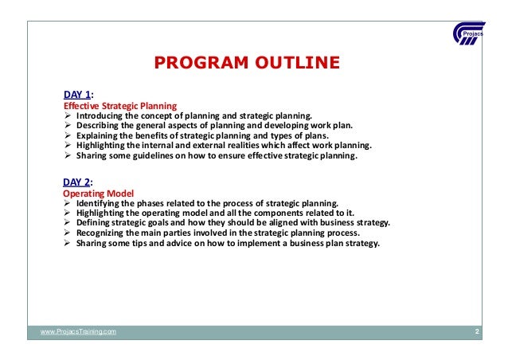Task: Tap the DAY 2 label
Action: coord(76,182)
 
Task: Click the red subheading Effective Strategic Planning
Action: coord(119,105)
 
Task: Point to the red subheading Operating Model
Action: coord(98,194)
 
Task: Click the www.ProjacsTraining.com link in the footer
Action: coord(78,331)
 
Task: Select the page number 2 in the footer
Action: coord(476,331)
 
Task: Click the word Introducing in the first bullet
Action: coord(100,115)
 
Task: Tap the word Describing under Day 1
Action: coord(99,126)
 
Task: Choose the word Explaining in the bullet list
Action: coord(99,136)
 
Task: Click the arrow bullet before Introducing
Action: coord(68,115)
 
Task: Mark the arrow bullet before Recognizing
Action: coord(68,235)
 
